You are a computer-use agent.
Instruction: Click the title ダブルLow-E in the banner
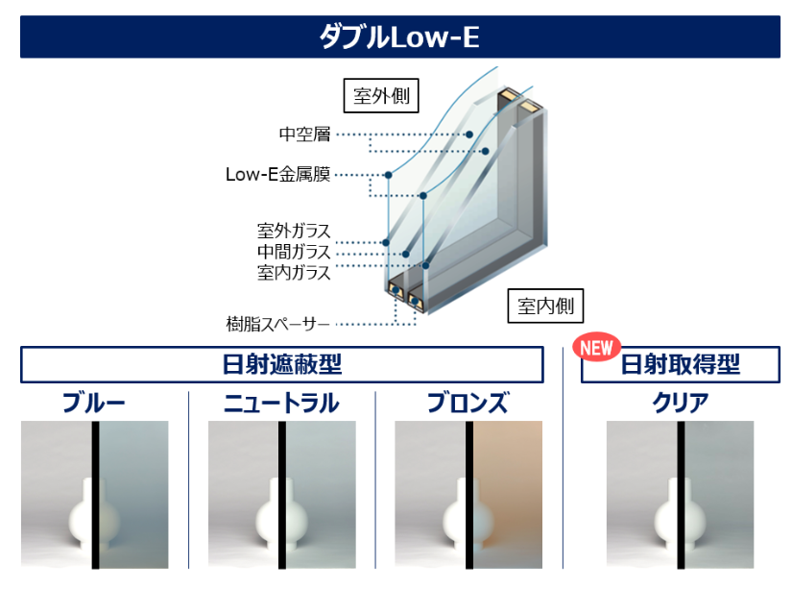(x=399, y=37)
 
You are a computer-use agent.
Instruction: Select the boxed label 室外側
(x=381, y=95)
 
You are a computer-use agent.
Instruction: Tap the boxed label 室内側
(x=545, y=306)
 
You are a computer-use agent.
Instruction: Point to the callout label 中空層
(x=304, y=134)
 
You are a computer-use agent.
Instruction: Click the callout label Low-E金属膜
(x=277, y=175)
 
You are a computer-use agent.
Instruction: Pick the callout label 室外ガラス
(x=294, y=231)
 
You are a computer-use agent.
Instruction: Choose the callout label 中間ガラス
(x=294, y=252)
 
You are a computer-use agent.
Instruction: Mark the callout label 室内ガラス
(x=294, y=273)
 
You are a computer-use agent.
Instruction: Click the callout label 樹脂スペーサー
(x=277, y=324)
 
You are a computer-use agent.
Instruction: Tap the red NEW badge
(x=596, y=347)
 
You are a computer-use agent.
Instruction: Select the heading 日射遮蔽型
(x=282, y=364)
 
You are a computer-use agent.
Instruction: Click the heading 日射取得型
(x=680, y=364)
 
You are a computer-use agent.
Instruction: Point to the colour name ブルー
(x=94, y=403)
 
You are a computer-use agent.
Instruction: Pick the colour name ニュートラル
(x=281, y=403)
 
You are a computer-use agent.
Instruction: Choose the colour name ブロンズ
(x=468, y=403)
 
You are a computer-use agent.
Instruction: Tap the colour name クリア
(x=680, y=403)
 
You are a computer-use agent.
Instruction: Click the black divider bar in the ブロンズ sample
(x=469, y=495)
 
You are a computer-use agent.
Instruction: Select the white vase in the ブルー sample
(x=94, y=514)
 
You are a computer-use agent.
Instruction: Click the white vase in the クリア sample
(x=680, y=514)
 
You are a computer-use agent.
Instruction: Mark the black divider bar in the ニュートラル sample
(x=282, y=495)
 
